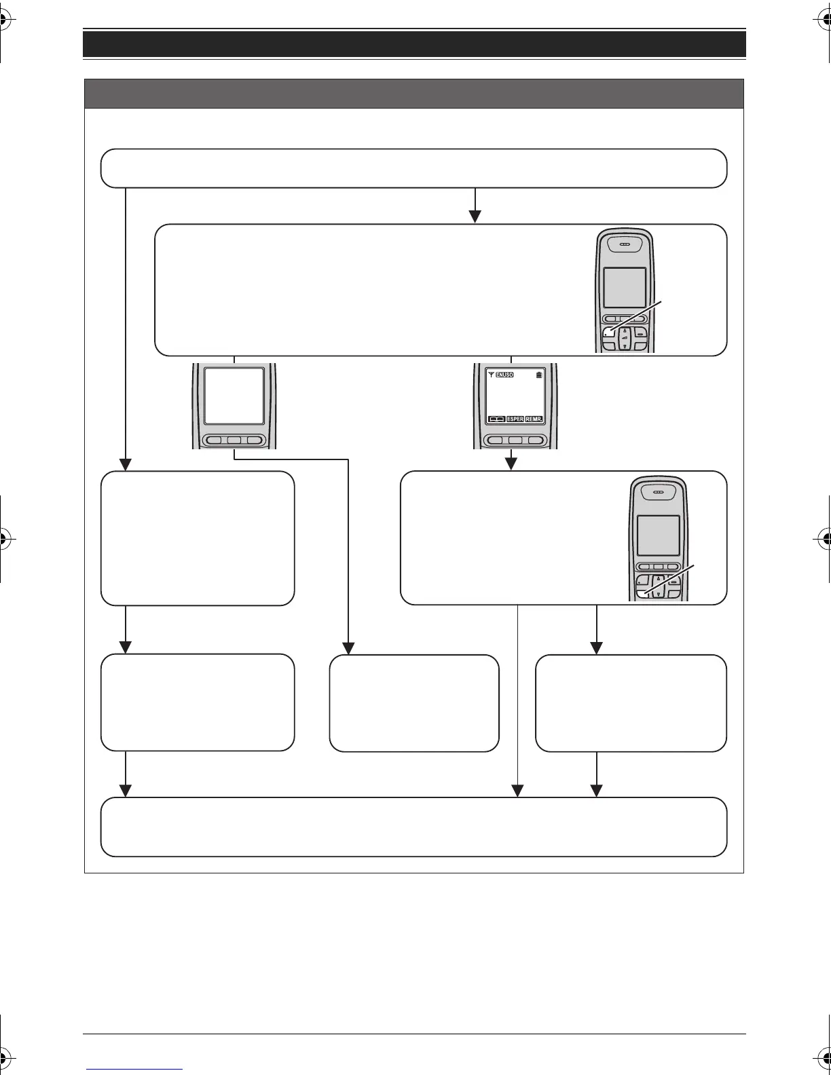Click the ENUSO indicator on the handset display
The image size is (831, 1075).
[504, 375]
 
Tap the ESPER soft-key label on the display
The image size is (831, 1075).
[515, 419]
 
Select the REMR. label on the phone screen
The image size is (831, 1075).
[534, 419]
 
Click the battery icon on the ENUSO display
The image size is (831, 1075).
[539, 375]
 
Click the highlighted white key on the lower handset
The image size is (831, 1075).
[642, 593]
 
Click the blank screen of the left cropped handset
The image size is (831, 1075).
[234, 396]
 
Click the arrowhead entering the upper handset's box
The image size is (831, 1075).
[475, 216]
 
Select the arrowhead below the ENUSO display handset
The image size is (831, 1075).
[511, 464]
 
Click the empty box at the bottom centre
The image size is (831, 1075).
[414, 703]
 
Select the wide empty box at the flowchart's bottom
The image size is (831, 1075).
[414, 827]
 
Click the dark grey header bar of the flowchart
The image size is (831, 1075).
[414, 94]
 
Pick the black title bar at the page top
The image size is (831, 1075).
[414, 44]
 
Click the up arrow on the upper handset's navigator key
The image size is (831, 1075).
[625, 331]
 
